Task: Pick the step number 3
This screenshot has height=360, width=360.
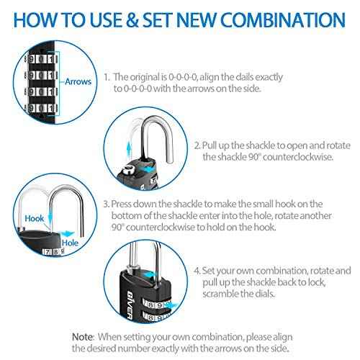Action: point(106,204)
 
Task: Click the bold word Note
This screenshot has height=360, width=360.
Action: point(81,336)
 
